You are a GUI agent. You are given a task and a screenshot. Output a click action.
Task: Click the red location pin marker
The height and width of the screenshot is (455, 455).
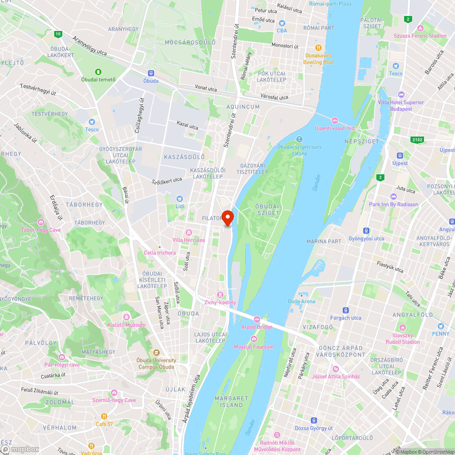click(227, 217)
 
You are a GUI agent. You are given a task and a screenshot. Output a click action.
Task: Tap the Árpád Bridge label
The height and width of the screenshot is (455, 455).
click(257, 327)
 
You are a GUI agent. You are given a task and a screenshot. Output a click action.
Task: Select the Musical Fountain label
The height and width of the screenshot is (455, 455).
click(254, 347)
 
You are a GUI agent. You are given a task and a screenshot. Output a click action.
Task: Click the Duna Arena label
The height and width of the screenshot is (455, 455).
click(301, 301)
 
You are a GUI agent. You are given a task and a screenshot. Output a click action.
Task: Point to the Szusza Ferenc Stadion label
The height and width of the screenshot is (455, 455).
click(420, 35)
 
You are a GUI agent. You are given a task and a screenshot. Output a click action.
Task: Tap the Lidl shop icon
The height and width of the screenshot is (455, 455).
click(180, 198)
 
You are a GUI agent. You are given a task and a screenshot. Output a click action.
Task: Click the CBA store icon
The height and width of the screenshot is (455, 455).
click(282, 23)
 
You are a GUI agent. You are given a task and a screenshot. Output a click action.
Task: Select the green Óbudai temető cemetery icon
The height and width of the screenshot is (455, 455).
click(98, 72)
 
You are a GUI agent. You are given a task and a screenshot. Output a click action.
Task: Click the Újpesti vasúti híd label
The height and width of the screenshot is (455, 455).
click(334, 128)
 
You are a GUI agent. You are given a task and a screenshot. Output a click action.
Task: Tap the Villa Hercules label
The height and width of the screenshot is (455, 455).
click(189, 240)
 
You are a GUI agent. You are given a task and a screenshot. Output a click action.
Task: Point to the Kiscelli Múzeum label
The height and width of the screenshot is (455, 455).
click(126, 325)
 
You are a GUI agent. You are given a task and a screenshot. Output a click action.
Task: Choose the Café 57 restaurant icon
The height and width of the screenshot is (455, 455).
click(104, 416)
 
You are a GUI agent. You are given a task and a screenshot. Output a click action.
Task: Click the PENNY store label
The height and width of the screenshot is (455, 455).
click(440, 334)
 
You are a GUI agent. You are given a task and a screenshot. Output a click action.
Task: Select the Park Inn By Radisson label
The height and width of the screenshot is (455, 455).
click(394, 204)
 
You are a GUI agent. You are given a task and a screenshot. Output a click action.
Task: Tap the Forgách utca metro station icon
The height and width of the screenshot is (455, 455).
click(346, 309)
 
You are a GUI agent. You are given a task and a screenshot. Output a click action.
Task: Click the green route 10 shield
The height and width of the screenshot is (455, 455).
click(58, 34)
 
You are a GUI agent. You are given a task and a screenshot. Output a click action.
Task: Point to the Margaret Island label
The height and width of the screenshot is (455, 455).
click(232, 401)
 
